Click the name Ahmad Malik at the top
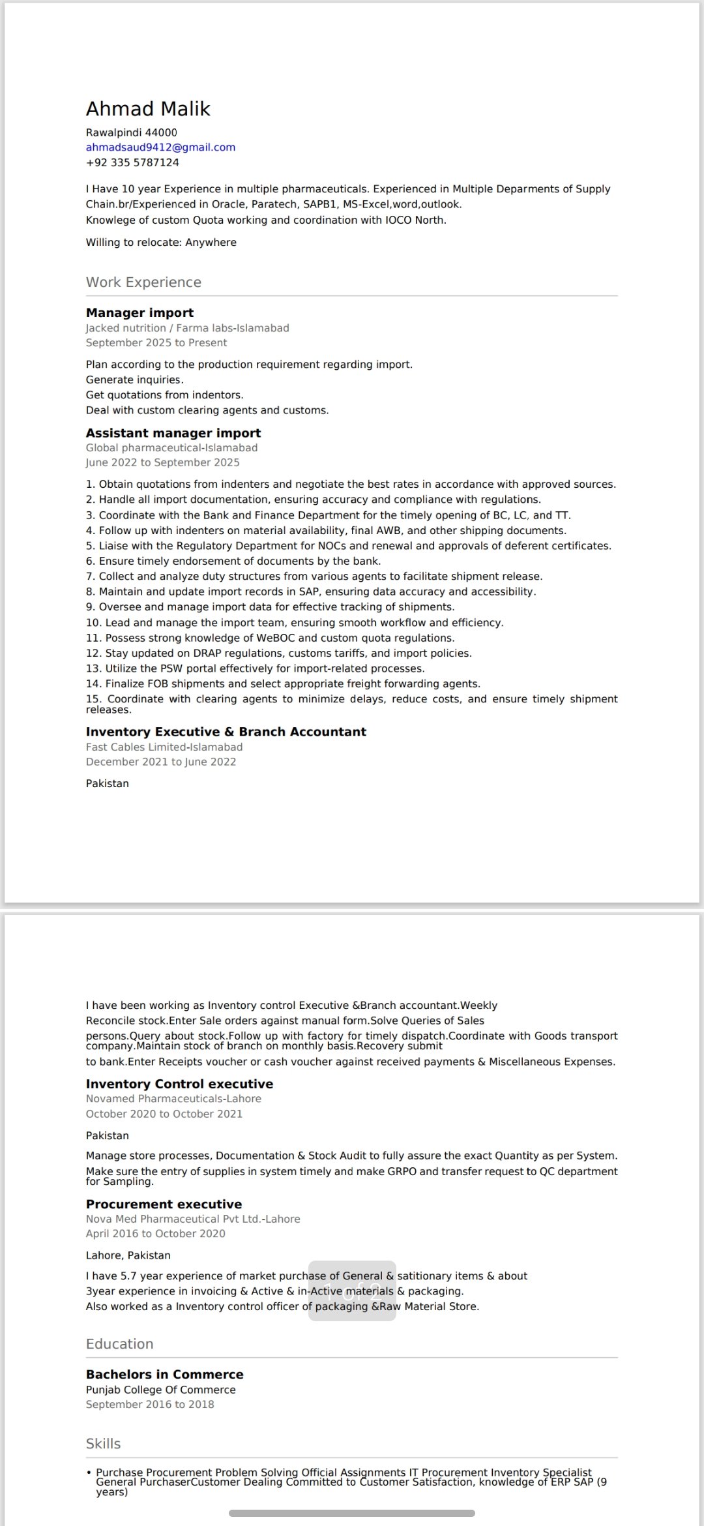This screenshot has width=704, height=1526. (x=148, y=109)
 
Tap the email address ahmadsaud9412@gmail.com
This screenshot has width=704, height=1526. (x=160, y=147)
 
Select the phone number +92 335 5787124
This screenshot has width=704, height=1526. (x=132, y=162)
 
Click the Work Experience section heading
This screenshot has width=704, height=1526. (x=143, y=282)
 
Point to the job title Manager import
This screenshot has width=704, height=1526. (x=139, y=313)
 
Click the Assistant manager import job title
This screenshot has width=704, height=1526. (x=173, y=433)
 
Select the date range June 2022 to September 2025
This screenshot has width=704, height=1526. (x=162, y=462)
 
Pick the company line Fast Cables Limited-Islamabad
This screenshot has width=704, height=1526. (x=164, y=747)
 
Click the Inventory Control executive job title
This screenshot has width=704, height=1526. (x=179, y=1084)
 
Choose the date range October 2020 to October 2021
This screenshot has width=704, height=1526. (x=164, y=1114)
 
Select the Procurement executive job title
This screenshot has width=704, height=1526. (x=164, y=1204)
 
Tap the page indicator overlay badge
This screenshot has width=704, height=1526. (x=352, y=1291)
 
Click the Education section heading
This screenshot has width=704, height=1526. (x=119, y=1344)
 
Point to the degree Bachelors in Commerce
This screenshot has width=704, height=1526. (x=164, y=1375)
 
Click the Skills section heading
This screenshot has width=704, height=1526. (x=103, y=1444)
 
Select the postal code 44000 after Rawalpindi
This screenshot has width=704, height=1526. (x=161, y=132)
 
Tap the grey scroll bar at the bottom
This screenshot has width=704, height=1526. (x=352, y=1513)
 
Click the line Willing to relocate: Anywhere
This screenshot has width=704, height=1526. (x=161, y=243)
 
